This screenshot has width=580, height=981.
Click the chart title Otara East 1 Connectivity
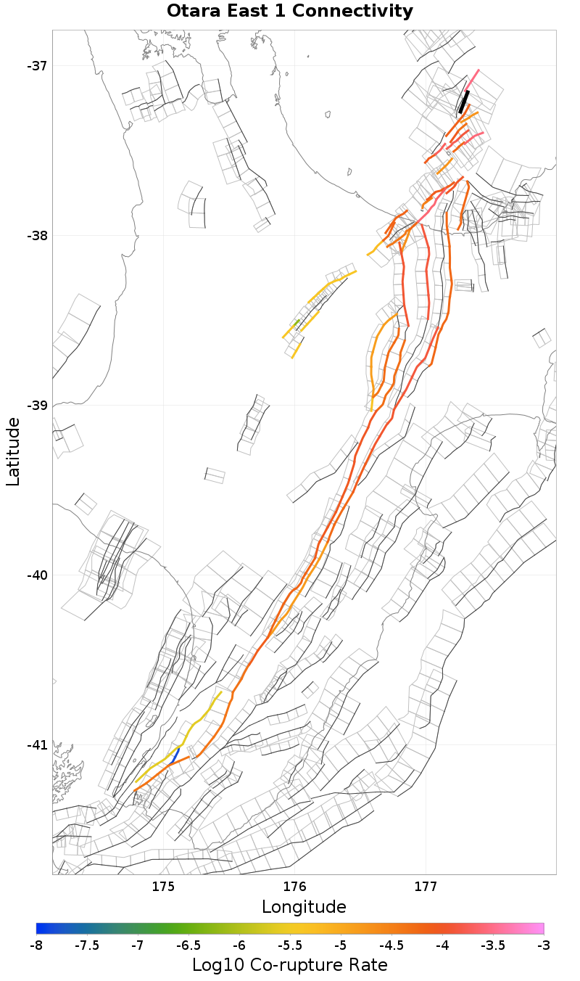(x=290, y=12)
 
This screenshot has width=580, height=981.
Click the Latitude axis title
(x=13, y=451)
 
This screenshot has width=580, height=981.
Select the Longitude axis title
(x=304, y=906)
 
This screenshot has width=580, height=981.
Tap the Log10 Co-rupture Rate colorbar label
(x=289, y=965)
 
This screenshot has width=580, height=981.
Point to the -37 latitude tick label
(x=37, y=66)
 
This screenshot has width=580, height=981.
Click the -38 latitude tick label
(x=37, y=236)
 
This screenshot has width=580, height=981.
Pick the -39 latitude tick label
(x=37, y=406)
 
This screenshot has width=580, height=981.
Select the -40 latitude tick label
(x=37, y=575)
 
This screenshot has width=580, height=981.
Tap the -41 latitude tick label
(x=37, y=745)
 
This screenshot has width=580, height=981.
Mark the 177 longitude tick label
(x=426, y=886)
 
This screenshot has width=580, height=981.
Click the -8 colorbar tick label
(x=36, y=945)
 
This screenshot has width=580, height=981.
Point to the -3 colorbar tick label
(x=544, y=945)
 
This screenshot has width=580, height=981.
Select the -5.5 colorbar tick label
(x=290, y=945)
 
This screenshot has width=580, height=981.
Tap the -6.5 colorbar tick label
(x=188, y=945)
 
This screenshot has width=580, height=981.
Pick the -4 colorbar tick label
(x=442, y=945)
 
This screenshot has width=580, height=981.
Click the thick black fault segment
(x=464, y=102)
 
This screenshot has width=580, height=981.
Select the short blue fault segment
(x=175, y=755)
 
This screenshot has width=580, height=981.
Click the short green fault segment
(x=297, y=321)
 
